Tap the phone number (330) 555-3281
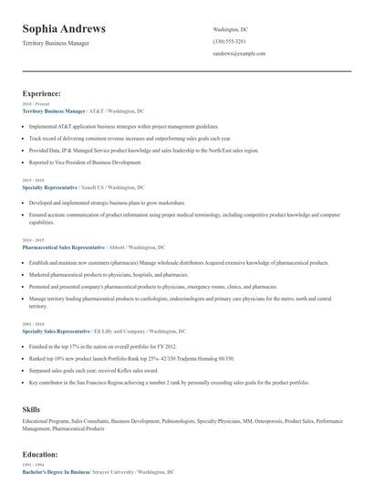229,41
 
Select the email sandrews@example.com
239,53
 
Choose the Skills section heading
32,411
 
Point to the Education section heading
40,454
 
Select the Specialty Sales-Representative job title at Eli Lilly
56,331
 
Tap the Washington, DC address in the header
230,29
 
